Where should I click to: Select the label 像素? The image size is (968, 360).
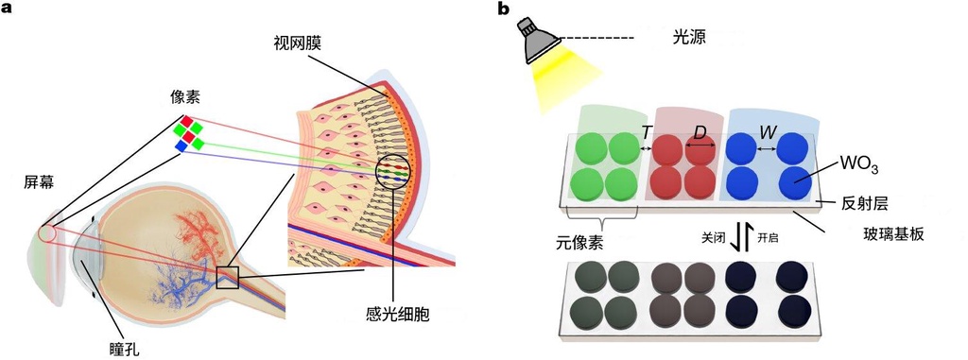click(x=186, y=96)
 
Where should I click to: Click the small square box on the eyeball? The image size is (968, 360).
click(x=227, y=277)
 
